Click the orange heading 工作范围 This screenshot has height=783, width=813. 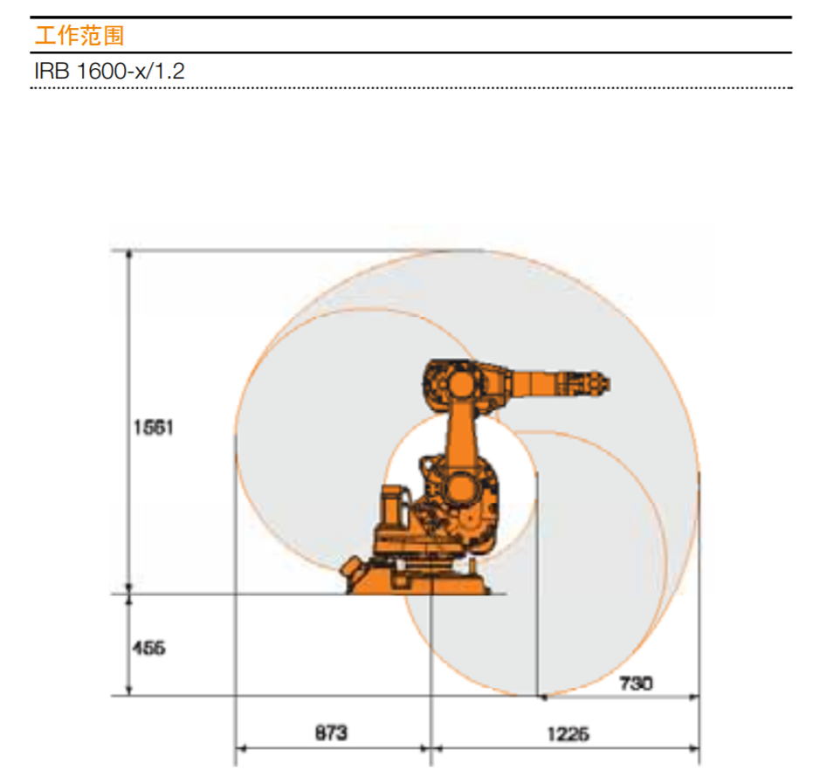tap(79, 36)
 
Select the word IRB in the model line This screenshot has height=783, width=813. tap(52, 71)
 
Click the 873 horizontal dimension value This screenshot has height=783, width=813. tap(331, 733)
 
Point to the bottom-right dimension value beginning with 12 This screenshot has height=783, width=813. tap(568, 733)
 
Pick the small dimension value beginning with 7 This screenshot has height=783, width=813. tap(636, 683)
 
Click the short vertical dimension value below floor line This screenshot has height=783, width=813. tap(148, 648)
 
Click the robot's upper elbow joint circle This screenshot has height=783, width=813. tap(462, 385)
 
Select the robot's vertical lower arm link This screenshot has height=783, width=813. tap(461, 436)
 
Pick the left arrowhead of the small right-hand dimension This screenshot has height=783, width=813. tap(541, 697)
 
